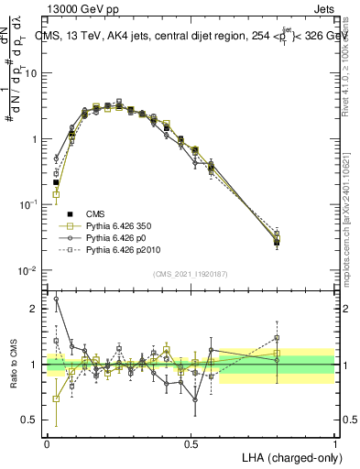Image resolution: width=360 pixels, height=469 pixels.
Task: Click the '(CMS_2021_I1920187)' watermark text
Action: (191, 274)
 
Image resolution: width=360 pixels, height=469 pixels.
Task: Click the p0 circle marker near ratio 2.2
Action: (56, 299)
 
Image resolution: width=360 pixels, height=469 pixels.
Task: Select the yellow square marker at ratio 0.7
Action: (56, 398)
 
